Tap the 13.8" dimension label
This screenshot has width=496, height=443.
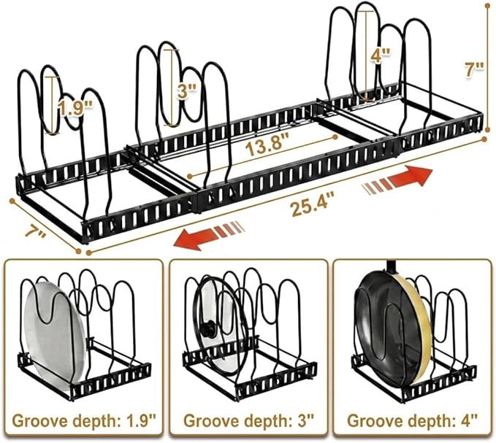(x=268, y=147)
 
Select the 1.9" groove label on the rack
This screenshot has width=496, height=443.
(x=75, y=109)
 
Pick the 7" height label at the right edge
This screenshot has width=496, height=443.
(x=474, y=69)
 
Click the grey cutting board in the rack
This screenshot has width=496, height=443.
(x=56, y=335)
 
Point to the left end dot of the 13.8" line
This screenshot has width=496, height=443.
(x=190, y=176)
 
